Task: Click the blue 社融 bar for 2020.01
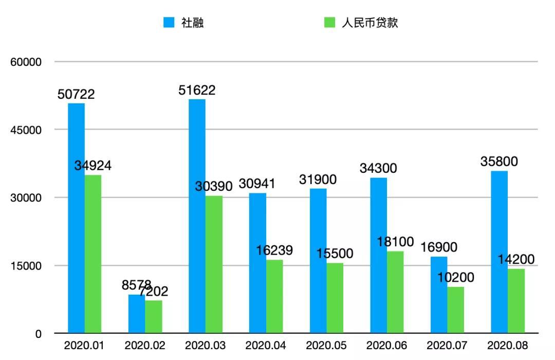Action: click(77, 218)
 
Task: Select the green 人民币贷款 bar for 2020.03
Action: click(214, 264)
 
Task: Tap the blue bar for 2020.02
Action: click(137, 314)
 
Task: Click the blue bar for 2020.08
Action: click(499, 252)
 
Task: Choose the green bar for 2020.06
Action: click(395, 292)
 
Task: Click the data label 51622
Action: click(197, 91)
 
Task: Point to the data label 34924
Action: click(93, 166)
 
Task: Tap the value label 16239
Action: click(274, 250)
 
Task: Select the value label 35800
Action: click(499, 161)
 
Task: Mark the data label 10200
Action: click(456, 278)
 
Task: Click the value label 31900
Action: click(318, 179)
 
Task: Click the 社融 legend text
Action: click(193, 23)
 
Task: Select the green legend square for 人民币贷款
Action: click(329, 23)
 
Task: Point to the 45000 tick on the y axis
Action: click(26, 130)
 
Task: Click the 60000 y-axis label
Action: click(26, 62)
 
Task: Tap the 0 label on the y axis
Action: click(38, 334)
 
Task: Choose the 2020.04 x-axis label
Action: click(266, 346)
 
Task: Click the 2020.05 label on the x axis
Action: click(326, 346)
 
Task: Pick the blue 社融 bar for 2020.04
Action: click(257, 263)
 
